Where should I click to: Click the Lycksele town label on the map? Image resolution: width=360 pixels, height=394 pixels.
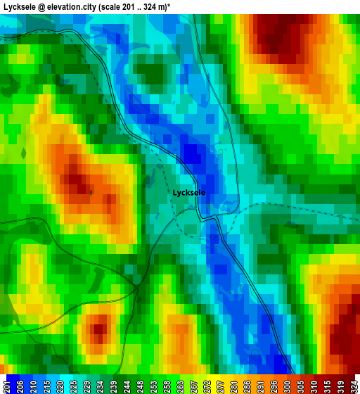189,192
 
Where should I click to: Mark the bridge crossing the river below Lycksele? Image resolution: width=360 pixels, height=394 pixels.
210,219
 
